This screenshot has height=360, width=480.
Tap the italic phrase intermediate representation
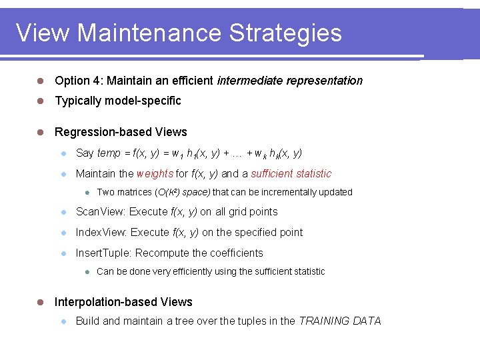[290, 81]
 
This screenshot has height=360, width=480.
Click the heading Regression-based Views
[121, 132]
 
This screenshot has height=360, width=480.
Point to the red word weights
[154, 174]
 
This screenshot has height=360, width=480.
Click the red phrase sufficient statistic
[291, 174]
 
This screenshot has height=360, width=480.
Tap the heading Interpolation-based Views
[123, 302]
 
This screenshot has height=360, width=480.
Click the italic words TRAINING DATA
[340, 321]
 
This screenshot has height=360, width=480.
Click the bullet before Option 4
[41, 81]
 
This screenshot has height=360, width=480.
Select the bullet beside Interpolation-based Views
[41, 302]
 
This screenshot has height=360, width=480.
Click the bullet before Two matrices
[87, 193]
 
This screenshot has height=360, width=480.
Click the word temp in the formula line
[109, 153]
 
